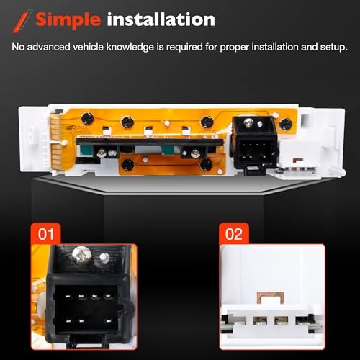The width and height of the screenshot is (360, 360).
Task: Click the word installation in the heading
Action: click(x=161, y=19)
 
